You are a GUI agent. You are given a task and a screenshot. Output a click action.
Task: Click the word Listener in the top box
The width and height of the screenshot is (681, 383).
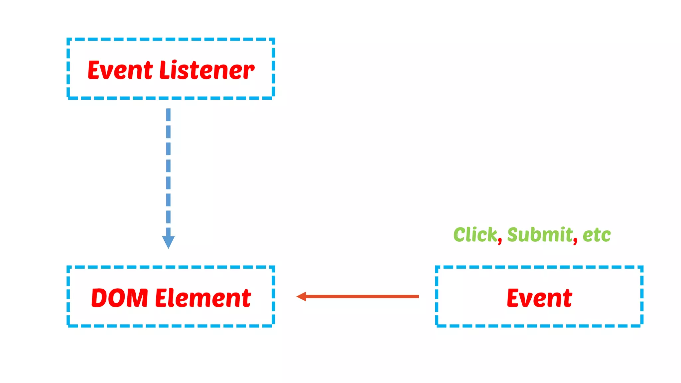(x=207, y=70)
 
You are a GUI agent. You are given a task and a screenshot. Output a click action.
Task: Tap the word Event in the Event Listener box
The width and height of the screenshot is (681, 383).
(x=120, y=70)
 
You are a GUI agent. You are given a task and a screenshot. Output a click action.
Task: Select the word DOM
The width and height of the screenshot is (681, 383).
(x=119, y=298)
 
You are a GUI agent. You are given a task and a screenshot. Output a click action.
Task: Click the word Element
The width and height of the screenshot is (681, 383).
(x=203, y=298)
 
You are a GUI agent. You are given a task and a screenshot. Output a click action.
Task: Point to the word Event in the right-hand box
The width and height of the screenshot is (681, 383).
(x=539, y=298)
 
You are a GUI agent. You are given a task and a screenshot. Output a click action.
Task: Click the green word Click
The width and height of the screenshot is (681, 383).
(x=475, y=234)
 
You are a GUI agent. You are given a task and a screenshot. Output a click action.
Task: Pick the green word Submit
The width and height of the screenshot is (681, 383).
(x=540, y=234)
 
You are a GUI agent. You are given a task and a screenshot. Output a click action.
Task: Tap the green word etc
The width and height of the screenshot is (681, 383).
(x=597, y=235)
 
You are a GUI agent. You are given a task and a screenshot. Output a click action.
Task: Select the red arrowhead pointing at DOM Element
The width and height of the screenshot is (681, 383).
(x=301, y=296)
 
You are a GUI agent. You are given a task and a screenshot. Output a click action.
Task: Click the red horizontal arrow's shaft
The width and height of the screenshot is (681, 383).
(x=362, y=296)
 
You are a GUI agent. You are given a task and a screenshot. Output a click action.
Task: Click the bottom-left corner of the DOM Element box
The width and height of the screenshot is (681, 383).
(x=68, y=325)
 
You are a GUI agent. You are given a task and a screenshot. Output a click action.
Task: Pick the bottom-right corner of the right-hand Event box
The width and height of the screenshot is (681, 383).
(x=642, y=325)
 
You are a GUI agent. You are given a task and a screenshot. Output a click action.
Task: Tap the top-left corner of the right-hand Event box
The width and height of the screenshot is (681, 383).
(x=437, y=267)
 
